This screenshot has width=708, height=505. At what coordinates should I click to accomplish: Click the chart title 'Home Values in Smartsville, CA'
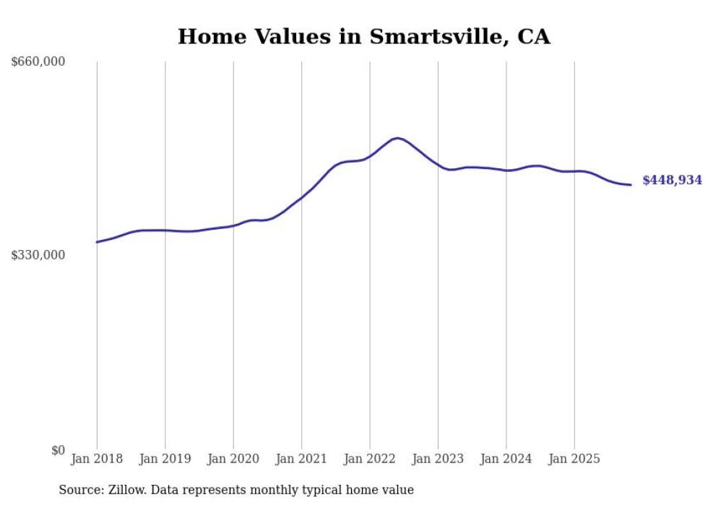point(363,37)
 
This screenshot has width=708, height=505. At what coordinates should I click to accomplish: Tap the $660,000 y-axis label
point(38,62)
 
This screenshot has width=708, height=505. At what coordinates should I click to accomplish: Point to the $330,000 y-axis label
point(38,255)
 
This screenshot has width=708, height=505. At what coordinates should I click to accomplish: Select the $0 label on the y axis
point(58,450)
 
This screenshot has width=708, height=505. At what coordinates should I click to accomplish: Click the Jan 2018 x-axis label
point(97,459)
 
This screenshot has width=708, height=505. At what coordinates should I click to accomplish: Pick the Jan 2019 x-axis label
point(165,459)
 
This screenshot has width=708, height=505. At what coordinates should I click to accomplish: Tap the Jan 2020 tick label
point(233,459)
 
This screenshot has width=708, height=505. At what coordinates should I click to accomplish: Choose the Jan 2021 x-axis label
point(301,459)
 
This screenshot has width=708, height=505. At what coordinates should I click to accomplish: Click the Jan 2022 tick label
point(370,459)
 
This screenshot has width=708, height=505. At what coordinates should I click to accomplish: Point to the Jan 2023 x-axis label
point(438,459)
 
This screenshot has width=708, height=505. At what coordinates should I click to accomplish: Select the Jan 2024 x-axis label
point(506,459)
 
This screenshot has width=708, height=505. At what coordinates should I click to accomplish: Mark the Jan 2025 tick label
point(574,459)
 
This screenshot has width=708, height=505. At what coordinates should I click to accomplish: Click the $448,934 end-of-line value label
point(672,181)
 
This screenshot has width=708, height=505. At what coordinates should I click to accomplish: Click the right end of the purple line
point(631,185)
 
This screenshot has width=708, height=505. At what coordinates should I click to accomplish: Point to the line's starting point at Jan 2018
point(97,242)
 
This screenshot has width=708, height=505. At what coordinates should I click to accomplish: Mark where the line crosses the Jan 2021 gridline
point(301,197)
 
